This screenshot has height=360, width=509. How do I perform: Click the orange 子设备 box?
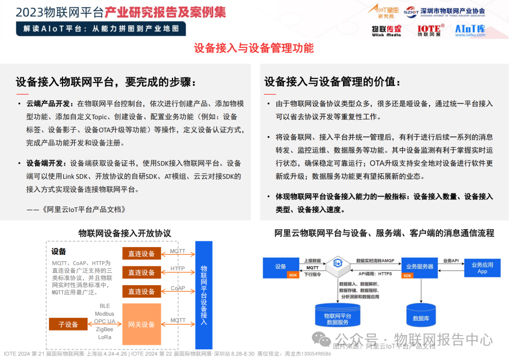click(x=68, y=324)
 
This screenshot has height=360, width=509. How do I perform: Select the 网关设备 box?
click(x=141, y=324)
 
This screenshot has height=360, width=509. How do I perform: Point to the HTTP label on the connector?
click(x=178, y=268)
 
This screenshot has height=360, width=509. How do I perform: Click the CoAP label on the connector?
click(x=178, y=288)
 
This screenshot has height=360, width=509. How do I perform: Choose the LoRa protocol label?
click(x=104, y=337)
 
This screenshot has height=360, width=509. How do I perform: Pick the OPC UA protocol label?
click(x=104, y=321)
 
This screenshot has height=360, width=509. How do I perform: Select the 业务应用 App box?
click(x=482, y=268)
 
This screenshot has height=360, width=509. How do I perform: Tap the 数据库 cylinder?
click(x=420, y=315)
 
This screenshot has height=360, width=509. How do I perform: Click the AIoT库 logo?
click(x=470, y=30)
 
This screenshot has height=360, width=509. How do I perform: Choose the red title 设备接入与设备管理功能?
click(x=253, y=48)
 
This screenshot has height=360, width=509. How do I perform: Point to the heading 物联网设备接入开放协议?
click(x=124, y=233)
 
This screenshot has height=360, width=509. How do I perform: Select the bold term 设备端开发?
click(x=46, y=163)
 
